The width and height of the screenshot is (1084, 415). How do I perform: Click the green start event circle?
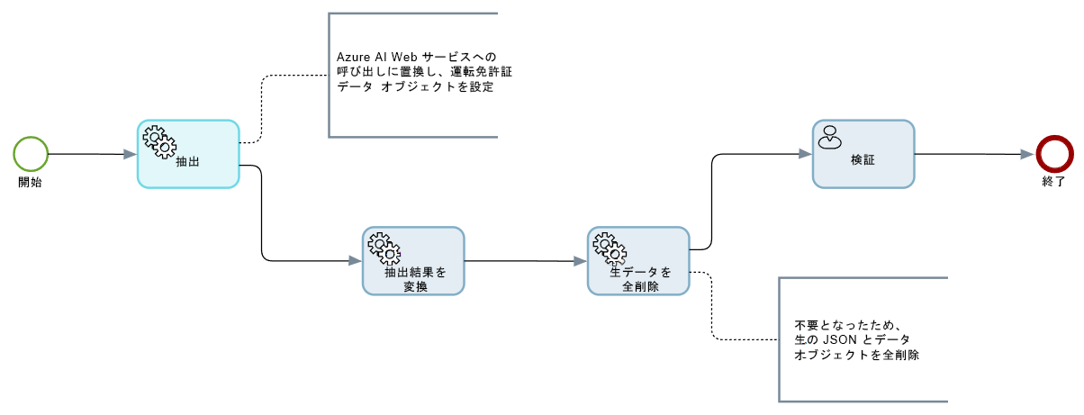pyautogui.click(x=30, y=153)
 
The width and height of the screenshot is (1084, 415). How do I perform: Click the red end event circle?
pyautogui.click(x=1052, y=153)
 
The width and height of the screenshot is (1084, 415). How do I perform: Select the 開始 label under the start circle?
pyautogui.click(x=30, y=183)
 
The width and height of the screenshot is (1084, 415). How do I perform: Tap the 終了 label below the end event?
pyautogui.click(x=1052, y=183)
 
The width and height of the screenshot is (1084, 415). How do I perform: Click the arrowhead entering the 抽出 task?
pyautogui.click(x=131, y=155)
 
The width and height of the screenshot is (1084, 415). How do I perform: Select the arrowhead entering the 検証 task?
pyautogui.click(x=806, y=154)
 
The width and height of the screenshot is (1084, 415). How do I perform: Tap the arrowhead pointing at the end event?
pyautogui.click(x=1027, y=154)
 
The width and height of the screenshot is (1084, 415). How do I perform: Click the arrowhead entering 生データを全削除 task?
pyautogui.click(x=581, y=261)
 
